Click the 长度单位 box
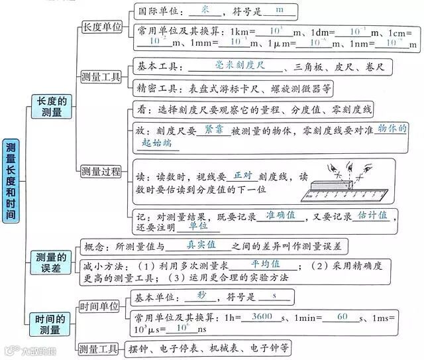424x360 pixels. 101,27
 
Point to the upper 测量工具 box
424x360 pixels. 101,77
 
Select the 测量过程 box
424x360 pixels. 101,172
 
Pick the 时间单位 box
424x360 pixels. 99,306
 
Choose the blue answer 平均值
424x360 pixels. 247,263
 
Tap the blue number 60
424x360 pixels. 342,317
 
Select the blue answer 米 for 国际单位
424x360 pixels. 204,9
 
